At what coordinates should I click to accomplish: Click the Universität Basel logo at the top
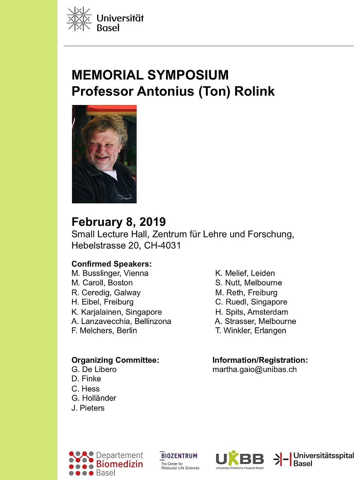pyautogui.click(x=105, y=19)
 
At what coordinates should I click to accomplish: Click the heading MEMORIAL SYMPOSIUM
pyautogui.click(x=150, y=75)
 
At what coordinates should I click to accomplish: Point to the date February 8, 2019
pyautogui.click(x=118, y=222)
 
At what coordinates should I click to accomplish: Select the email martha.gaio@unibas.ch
pyautogui.click(x=254, y=369)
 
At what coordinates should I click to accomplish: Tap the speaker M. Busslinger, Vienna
pyautogui.click(x=110, y=273)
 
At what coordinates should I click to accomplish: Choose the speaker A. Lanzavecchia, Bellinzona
pyautogui.click(x=121, y=321)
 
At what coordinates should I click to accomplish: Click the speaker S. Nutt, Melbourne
pyautogui.click(x=248, y=283)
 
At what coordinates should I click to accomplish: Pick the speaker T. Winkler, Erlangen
pyautogui.click(x=250, y=331)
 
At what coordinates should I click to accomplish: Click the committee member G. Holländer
pyautogui.click(x=94, y=398)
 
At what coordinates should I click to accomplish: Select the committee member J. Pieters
pyautogui.click(x=88, y=408)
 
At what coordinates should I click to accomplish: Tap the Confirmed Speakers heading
pyautogui.click(x=111, y=264)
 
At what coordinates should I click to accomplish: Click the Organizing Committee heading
pyautogui.click(x=115, y=360)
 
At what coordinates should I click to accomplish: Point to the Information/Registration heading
pyautogui.click(x=260, y=360)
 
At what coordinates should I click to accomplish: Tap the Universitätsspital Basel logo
pyautogui.click(x=313, y=459)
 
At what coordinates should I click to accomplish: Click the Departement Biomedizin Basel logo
pyautogui.click(x=106, y=464)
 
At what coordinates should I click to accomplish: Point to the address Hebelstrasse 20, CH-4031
pyautogui.click(x=126, y=246)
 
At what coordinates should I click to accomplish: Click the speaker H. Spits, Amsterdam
pyautogui.click(x=251, y=312)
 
